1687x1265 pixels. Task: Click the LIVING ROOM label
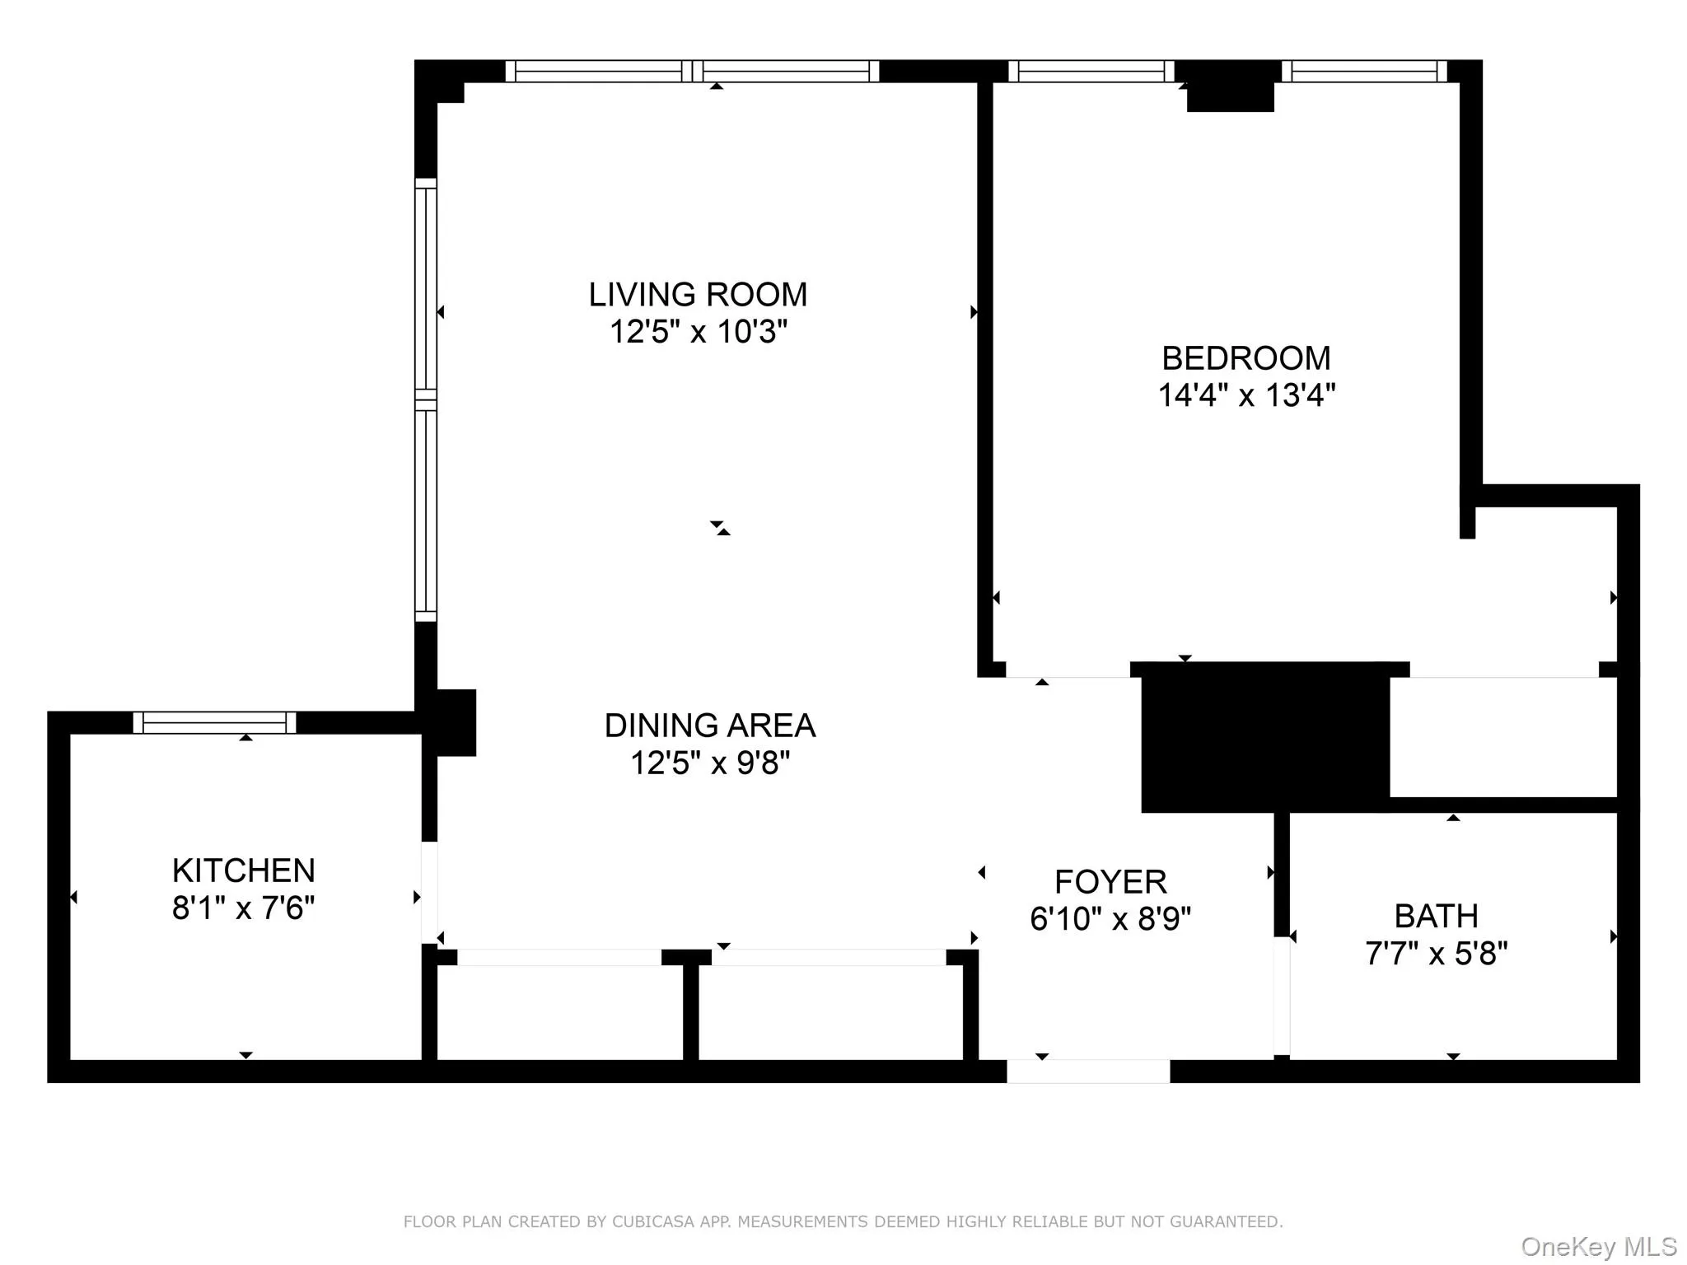click(698, 295)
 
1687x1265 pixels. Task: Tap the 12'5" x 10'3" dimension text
click(698, 332)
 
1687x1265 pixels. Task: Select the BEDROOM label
click(1245, 358)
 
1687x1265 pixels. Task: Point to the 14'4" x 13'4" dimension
click(1245, 395)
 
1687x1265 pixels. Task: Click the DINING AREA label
click(709, 726)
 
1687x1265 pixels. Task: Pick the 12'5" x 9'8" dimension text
click(709, 763)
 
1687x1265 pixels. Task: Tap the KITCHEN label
click(243, 871)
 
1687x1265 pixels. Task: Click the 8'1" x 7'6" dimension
click(243, 908)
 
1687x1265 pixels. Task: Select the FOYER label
click(1110, 882)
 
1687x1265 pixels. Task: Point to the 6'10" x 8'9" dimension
click(1110, 918)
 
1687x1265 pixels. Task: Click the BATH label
click(1436, 916)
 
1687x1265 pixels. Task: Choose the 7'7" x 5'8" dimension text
click(1436, 954)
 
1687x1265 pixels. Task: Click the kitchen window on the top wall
click(214, 722)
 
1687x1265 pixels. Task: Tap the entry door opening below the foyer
click(1087, 1071)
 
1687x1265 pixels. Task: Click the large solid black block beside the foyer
click(1264, 737)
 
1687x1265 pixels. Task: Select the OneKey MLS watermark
click(1598, 1246)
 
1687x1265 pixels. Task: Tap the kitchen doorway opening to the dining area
click(429, 892)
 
